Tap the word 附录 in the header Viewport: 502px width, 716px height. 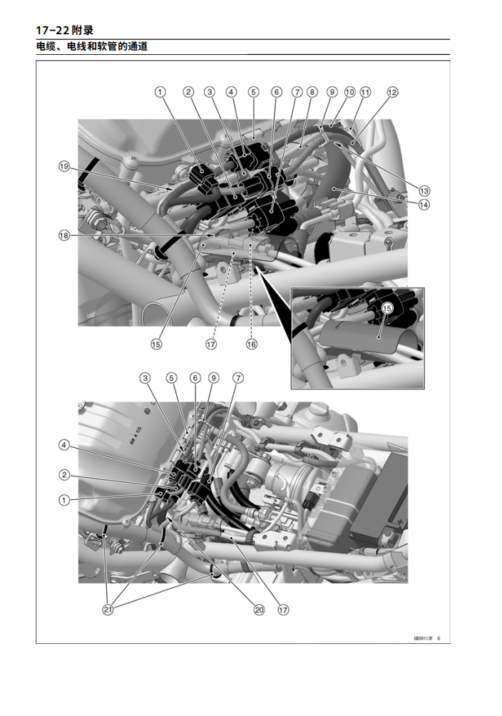click(x=83, y=31)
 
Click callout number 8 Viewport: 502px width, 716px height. click(x=312, y=92)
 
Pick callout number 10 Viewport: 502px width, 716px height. click(x=349, y=92)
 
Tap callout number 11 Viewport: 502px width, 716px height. click(x=365, y=92)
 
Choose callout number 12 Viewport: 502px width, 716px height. click(x=392, y=92)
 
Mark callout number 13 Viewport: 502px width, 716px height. click(x=424, y=190)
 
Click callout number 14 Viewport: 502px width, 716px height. click(x=424, y=205)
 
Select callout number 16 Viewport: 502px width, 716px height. click(x=251, y=344)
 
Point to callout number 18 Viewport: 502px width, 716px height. click(x=64, y=235)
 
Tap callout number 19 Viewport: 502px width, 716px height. click(x=64, y=167)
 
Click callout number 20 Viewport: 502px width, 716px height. click(x=260, y=610)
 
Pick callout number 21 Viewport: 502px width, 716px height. click(x=108, y=610)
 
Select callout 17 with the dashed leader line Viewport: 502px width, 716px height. click(x=211, y=344)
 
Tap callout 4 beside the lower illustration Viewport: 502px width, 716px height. click(x=64, y=445)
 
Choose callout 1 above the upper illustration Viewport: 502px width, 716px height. click(x=160, y=92)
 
